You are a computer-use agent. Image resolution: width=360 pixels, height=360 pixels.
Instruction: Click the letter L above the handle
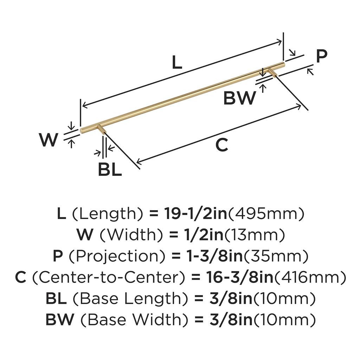pos(177,63)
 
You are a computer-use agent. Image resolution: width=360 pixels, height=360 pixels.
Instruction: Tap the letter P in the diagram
pos(321,56)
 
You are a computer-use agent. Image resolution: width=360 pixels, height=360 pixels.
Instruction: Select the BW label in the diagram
pos(240,98)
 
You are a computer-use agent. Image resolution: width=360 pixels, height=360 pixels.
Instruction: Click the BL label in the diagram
pos(110,170)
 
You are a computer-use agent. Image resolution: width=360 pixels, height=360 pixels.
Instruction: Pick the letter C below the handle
pos(221,145)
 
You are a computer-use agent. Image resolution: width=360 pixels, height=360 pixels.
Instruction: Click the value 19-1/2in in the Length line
pos(196,214)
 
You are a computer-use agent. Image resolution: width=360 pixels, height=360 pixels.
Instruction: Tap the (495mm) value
pos(266,214)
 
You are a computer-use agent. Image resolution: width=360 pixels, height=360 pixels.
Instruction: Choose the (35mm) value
pos(276,256)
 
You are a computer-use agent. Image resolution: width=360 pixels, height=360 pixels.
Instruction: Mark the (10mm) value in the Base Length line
pos(284,299)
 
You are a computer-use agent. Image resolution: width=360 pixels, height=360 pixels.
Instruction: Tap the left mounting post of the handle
pos(102,129)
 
